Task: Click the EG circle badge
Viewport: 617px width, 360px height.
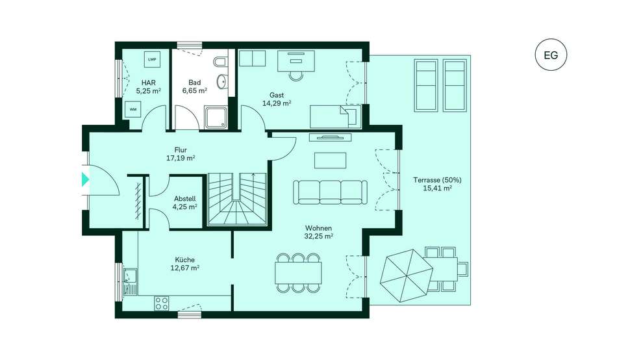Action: (x=551, y=55)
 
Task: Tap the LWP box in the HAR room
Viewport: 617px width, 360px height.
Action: (x=152, y=60)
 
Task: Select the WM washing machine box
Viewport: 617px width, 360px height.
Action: (x=133, y=109)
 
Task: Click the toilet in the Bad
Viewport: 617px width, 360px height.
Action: (x=220, y=62)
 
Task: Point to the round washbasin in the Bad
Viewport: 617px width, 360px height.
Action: (x=221, y=81)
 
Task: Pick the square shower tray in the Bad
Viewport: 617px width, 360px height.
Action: (x=216, y=118)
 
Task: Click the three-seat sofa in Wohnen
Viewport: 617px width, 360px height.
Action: (x=330, y=192)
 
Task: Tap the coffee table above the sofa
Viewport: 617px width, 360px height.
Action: (x=330, y=161)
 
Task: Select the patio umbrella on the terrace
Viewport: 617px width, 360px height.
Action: (x=407, y=276)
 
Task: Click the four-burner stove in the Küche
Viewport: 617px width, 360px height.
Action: (x=161, y=303)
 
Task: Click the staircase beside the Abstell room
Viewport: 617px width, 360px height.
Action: (x=237, y=199)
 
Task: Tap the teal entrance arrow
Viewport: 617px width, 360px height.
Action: (x=85, y=179)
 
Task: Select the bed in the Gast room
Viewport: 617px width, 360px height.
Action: (x=335, y=116)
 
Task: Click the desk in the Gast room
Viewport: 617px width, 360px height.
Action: (x=296, y=61)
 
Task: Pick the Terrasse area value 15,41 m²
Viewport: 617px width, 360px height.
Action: (x=437, y=188)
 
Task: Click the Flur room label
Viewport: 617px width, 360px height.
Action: (x=181, y=150)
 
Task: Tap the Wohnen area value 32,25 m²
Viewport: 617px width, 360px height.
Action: (x=319, y=237)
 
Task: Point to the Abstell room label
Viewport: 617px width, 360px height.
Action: (x=185, y=199)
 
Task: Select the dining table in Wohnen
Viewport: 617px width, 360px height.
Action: (x=298, y=273)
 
